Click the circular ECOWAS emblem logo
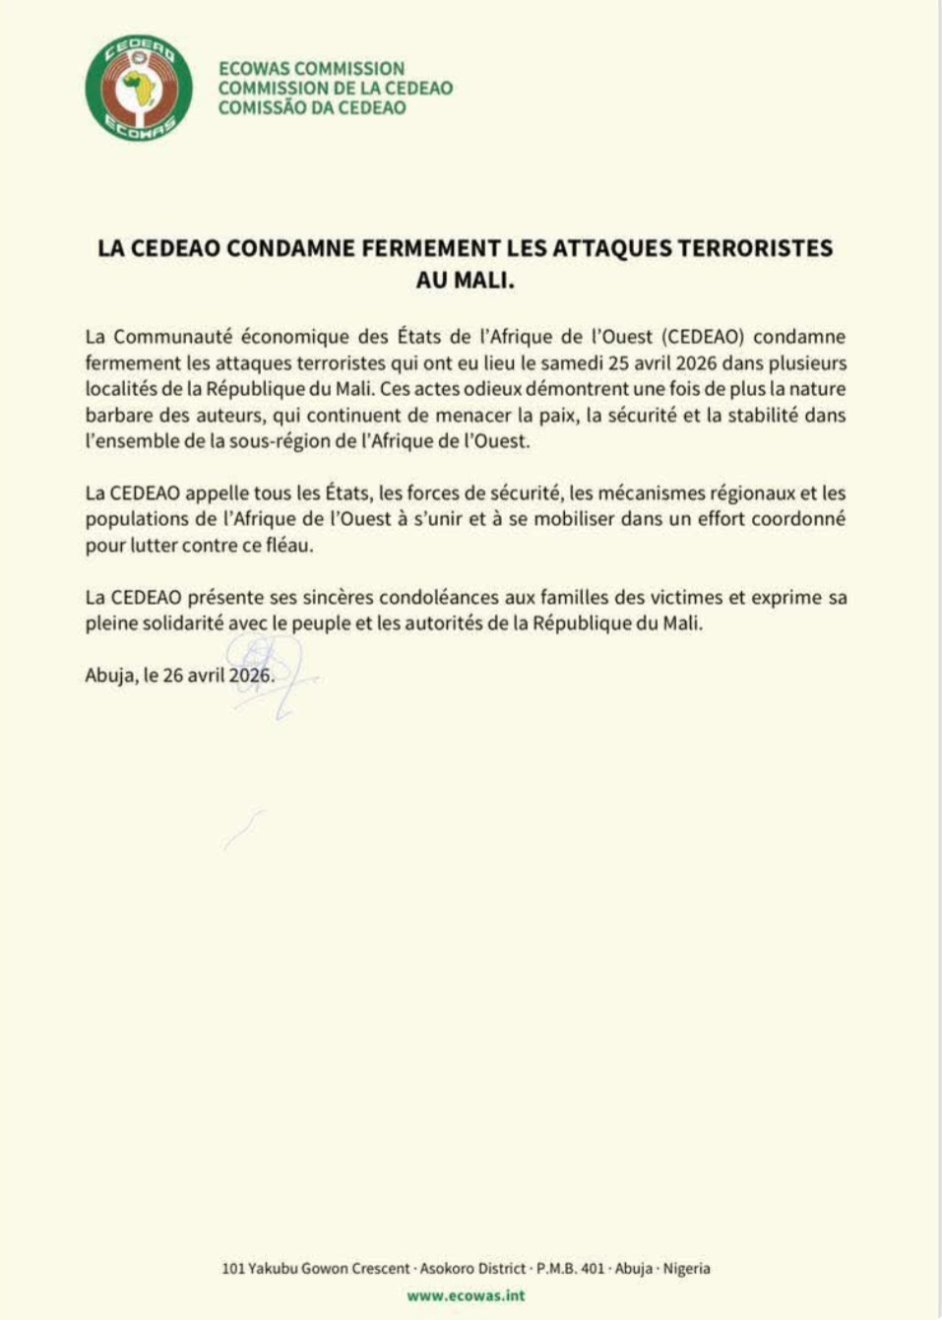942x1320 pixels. tap(139, 89)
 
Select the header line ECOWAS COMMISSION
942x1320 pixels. tap(311, 69)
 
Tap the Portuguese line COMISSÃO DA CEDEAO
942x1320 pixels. tap(311, 108)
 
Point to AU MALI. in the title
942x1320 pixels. tap(466, 280)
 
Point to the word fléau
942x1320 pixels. tap(289, 545)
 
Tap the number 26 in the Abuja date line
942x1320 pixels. tap(173, 677)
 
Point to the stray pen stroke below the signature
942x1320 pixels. tap(242, 829)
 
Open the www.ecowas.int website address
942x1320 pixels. tap(466, 1296)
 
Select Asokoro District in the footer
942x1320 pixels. tap(472, 1269)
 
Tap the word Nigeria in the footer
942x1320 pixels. tap(686, 1269)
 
